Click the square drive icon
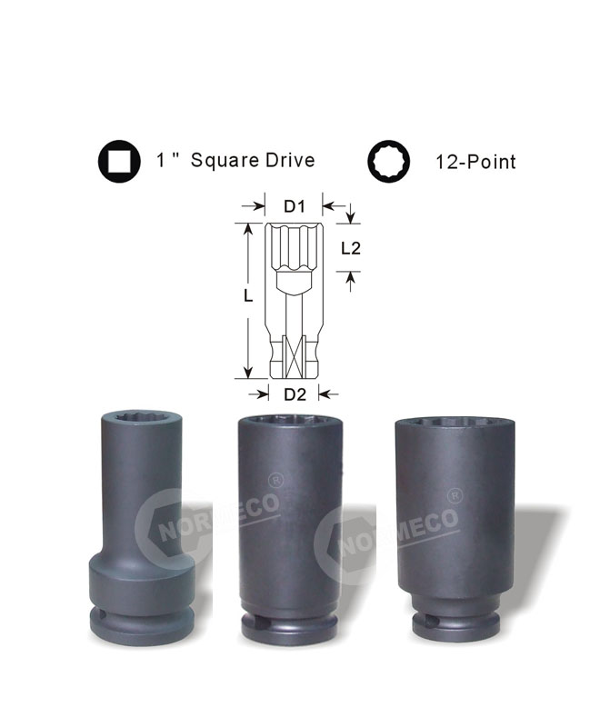click(x=119, y=162)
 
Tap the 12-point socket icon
click(x=389, y=162)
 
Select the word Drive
click(x=290, y=160)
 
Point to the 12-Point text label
click(x=475, y=162)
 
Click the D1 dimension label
click(x=295, y=206)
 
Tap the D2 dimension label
click(x=295, y=394)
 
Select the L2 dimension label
click(x=351, y=248)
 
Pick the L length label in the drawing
click(x=248, y=296)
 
